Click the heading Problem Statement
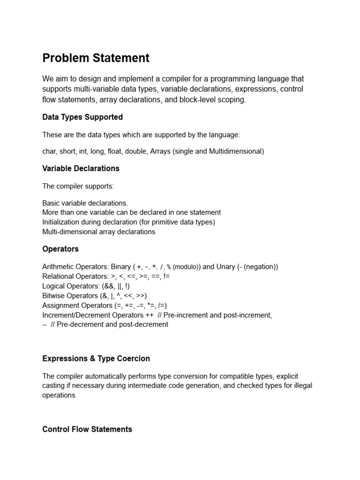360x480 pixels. [x=96, y=58]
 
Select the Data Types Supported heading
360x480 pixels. [x=82, y=117]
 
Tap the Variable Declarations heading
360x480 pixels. [x=81, y=168]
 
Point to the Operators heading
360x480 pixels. [x=60, y=249]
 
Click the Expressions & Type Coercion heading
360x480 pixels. [x=96, y=359]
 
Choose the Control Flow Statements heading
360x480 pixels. [x=87, y=429]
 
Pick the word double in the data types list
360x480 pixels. [x=134, y=151]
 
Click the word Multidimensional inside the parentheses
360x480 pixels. [x=235, y=151]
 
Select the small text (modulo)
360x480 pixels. [x=187, y=267]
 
